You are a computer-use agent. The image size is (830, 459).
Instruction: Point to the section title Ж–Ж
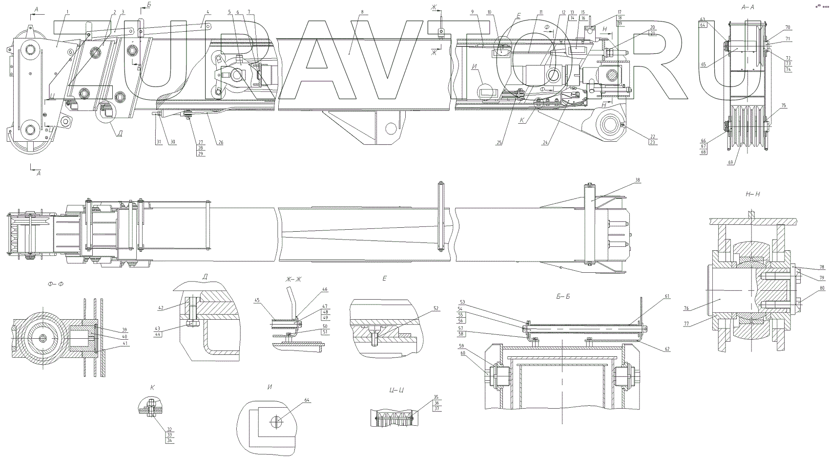(294, 279)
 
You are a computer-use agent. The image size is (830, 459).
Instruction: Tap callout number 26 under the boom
(221, 143)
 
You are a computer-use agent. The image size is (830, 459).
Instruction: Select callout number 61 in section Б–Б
(667, 296)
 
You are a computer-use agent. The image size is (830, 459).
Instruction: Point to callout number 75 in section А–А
(784, 106)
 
